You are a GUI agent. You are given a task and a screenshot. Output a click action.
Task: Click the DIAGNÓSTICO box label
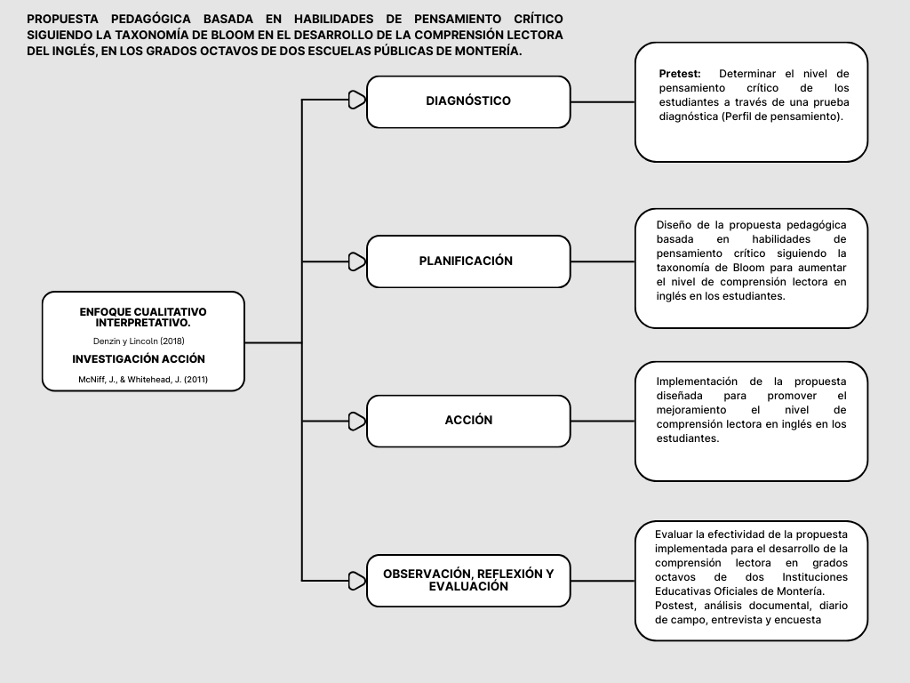[468, 101]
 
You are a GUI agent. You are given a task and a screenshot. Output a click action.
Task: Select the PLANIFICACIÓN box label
[466, 261]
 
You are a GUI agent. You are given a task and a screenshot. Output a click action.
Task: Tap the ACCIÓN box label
[468, 421]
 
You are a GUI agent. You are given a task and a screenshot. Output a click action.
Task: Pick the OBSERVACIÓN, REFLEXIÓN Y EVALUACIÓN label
[468, 580]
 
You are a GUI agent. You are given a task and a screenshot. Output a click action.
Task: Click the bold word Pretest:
[680, 74]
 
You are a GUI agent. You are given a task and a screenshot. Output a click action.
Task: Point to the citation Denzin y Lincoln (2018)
[139, 341]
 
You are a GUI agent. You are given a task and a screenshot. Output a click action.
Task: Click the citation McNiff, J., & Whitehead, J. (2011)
[142, 379]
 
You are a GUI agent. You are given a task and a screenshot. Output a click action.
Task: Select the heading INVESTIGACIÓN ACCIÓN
[139, 359]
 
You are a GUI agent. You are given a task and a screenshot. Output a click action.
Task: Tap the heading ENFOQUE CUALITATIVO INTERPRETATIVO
[142, 317]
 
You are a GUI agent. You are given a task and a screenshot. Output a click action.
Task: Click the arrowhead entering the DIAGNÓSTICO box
[356, 100]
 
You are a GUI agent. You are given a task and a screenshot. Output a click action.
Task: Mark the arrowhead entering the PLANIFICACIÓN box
[356, 261]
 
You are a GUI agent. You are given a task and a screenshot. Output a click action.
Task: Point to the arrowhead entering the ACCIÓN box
[356, 421]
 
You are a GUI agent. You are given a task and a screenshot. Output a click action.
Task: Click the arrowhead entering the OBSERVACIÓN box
[356, 581]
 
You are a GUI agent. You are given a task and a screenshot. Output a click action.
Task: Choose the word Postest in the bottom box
[675, 606]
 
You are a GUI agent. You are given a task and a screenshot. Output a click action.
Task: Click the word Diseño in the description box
[675, 225]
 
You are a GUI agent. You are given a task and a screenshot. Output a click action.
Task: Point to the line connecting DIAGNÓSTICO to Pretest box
[603, 101]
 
